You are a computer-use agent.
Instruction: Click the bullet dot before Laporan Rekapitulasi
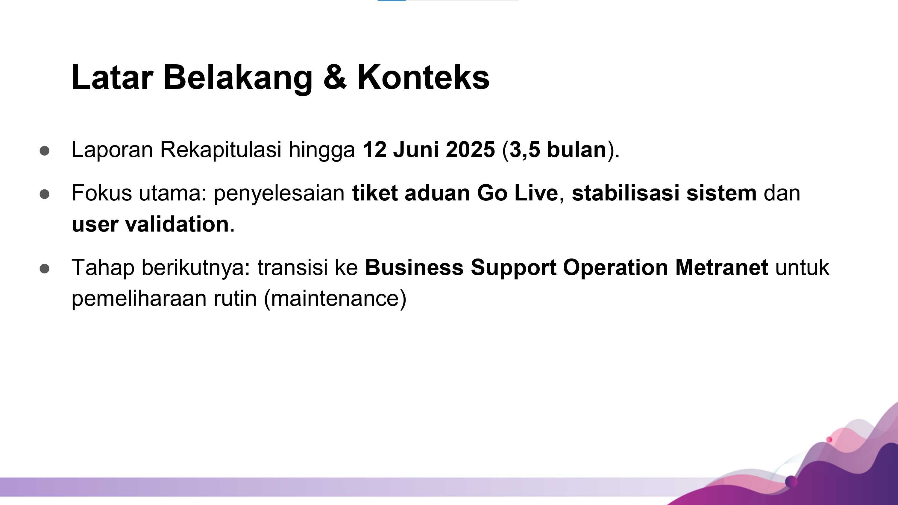coord(45,151)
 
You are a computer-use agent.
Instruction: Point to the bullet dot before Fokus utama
coord(45,194)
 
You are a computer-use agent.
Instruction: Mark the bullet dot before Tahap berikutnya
coord(45,269)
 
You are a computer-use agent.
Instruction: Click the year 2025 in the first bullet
coord(470,150)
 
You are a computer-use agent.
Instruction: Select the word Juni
coord(415,150)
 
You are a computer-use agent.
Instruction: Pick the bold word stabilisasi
coord(625,193)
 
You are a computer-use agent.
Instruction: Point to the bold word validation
coord(177,224)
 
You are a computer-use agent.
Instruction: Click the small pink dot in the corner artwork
coord(829,439)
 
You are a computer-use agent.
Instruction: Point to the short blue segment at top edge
coord(392,0)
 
